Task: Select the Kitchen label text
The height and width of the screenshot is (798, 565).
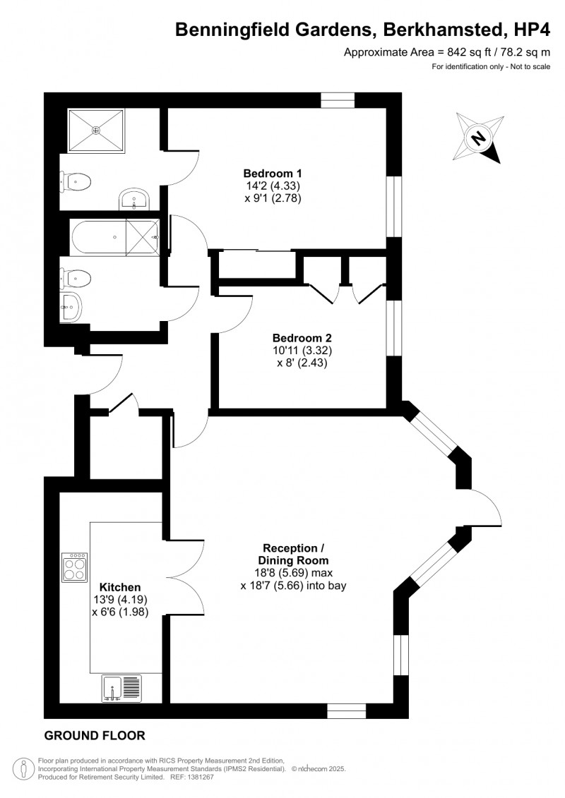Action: click(x=119, y=587)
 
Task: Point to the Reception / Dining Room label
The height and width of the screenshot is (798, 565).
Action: click(x=293, y=554)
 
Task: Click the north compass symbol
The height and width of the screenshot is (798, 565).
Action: click(x=478, y=138)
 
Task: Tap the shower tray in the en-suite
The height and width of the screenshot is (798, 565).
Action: click(x=96, y=130)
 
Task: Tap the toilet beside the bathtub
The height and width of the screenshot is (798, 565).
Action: click(x=76, y=277)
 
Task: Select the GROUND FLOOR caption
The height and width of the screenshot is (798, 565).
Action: click(x=95, y=736)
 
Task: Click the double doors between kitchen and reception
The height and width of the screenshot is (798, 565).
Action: click(x=187, y=574)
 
